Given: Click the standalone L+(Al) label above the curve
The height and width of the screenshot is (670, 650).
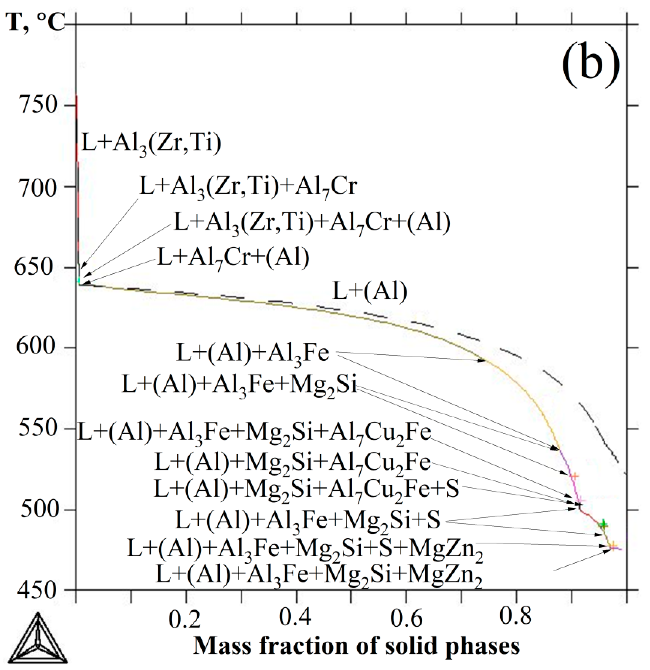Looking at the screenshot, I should pyautogui.click(x=370, y=292).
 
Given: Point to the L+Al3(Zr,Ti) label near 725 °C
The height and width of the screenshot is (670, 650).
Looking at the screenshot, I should pyautogui.click(x=152, y=144).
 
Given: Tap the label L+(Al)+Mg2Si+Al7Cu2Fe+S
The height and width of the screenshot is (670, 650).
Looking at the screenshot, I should pyautogui.click(x=307, y=489).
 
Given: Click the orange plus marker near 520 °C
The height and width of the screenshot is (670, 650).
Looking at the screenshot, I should pyautogui.click(x=575, y=476).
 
